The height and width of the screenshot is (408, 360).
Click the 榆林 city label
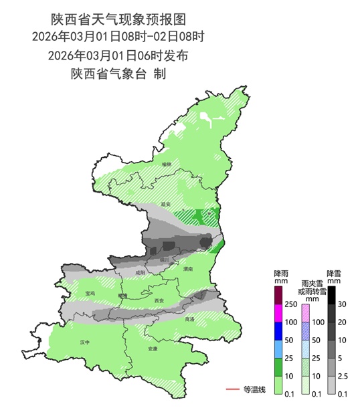tap(167, 164)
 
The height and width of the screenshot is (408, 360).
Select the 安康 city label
tap(153, 348)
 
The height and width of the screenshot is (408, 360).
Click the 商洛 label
tap(189, 320)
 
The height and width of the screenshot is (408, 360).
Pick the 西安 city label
tap(159, 301)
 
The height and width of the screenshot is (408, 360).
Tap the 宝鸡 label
tap(90, 293)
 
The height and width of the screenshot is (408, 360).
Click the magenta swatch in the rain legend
tap(279, 313)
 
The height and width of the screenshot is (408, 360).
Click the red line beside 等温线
tap(232, 389)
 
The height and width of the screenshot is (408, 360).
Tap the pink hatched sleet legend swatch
tap(305, 313)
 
